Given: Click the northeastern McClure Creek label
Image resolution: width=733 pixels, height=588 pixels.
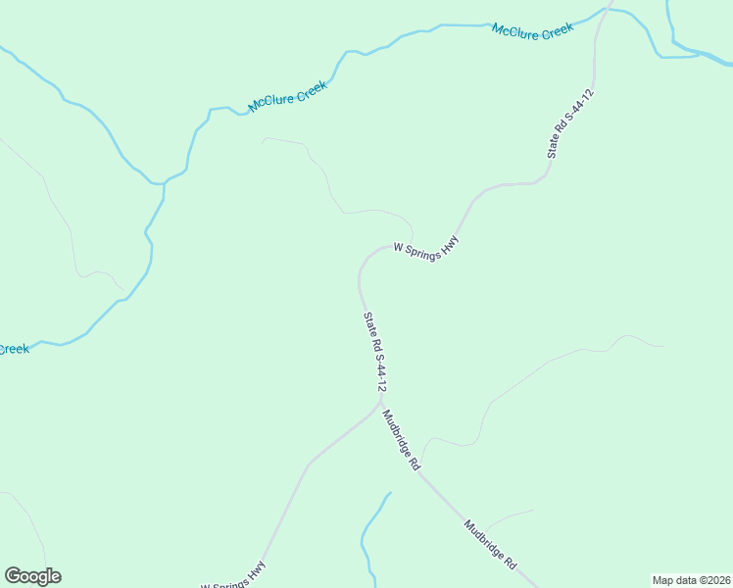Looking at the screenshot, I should pyautogui.click(x=532, y=31).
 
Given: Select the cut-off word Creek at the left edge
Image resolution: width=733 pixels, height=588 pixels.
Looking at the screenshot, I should pyautogui.click(x=14, y=349).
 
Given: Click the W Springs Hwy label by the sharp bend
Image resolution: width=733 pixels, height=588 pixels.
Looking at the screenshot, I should pyautogui.click(x=425, y=249).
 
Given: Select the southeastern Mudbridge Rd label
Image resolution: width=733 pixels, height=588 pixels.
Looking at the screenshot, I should pyautogui.click(x=490, y=545).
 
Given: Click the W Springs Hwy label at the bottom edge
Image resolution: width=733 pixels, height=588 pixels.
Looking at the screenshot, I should pyautogui.click(x=233, y=576).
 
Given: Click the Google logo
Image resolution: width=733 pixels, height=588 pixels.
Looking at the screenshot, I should pyautogui.click(x=32, y=576).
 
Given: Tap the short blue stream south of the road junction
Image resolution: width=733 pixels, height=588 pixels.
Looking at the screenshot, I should pyautogui.click(x=370, y=534).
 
